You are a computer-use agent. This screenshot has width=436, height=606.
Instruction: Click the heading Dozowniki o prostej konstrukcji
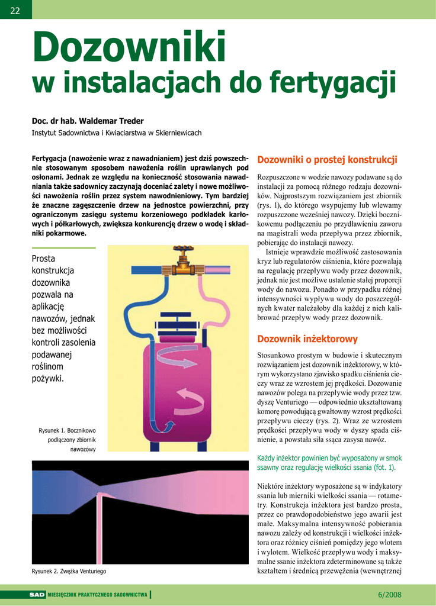(x=327, y=160)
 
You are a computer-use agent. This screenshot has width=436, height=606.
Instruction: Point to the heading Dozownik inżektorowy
(x=307, y=339)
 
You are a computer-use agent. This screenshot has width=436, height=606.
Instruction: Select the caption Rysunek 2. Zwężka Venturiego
(x=69, y=572)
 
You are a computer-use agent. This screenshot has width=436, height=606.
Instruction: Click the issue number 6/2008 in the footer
(x=389, y=594)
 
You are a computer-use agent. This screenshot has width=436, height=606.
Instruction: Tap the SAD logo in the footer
(x=37, y=594)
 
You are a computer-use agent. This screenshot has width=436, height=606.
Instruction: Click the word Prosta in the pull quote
(x=43, y=258)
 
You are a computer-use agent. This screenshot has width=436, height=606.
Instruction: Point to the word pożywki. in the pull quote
(x=47, y=378)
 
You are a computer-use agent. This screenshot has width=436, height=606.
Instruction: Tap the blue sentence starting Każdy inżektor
(x=329, y=462)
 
